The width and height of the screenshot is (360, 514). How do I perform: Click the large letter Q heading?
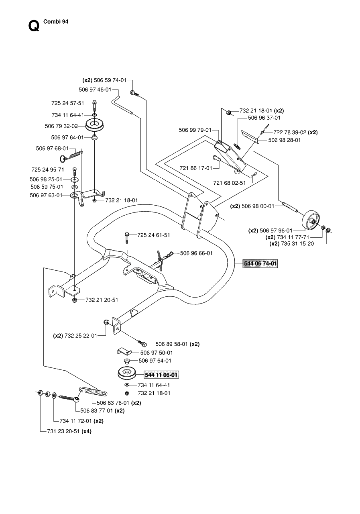coord(34,26)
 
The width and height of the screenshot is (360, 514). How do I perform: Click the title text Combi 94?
coord(56,22)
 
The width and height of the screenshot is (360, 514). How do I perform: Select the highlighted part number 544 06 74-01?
coord(260,263)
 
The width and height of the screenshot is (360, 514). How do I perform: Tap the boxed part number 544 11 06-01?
coord(161,375)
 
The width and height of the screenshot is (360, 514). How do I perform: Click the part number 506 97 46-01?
coord(95,90)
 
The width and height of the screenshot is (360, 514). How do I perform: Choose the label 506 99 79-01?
coord(195,130)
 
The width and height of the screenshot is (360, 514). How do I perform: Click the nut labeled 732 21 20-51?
coord(74,300)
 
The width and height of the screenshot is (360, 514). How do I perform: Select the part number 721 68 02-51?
coord(229,183)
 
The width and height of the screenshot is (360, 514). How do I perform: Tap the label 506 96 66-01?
coord(197,253)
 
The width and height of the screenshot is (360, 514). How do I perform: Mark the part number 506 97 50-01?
coord(157,353)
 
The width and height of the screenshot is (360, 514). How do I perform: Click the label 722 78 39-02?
coord(290,133)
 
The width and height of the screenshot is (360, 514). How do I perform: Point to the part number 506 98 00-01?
coord(258,206)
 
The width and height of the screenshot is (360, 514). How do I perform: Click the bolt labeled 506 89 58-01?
coord(142,343)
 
